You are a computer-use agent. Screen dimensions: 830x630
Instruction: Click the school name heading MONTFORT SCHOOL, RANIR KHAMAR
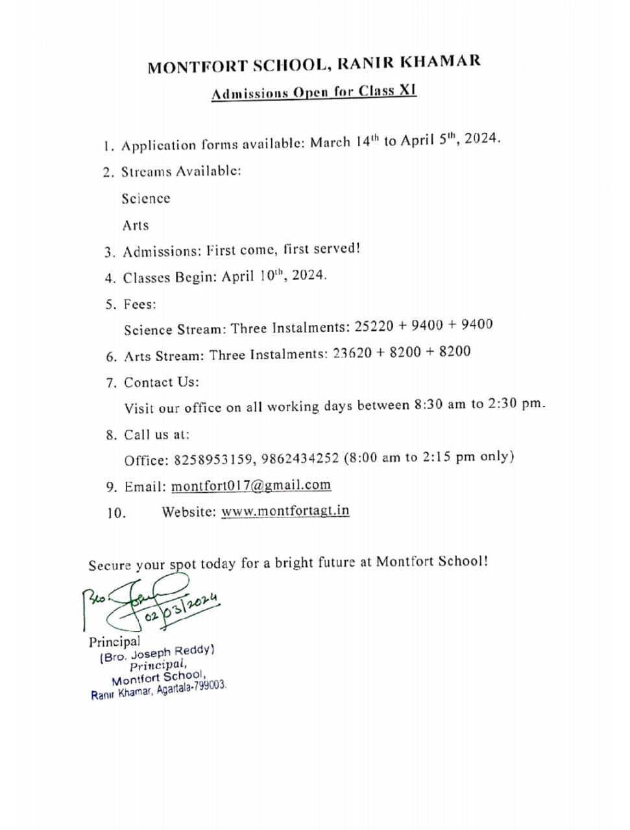314,64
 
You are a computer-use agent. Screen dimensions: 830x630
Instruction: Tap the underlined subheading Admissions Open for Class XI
313,92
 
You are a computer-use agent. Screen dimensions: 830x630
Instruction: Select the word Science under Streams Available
146,199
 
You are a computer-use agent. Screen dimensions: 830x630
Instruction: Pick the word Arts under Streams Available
136,226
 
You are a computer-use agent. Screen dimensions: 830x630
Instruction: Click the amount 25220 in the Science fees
374,326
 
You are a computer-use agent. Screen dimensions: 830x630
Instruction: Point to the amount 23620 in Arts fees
352,353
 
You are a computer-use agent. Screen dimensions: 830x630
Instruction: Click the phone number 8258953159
213,460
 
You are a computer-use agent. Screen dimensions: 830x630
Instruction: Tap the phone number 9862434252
300,458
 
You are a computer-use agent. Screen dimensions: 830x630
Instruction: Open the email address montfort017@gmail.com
250,486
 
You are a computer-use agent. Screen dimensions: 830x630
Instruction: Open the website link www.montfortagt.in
285,511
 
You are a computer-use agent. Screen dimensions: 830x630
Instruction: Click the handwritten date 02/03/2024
181,607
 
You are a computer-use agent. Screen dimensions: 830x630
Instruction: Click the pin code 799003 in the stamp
208,686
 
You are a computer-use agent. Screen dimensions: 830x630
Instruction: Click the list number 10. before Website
116,514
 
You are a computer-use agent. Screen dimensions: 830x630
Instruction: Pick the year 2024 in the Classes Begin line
308,275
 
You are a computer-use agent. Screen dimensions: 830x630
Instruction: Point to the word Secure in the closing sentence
110,566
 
